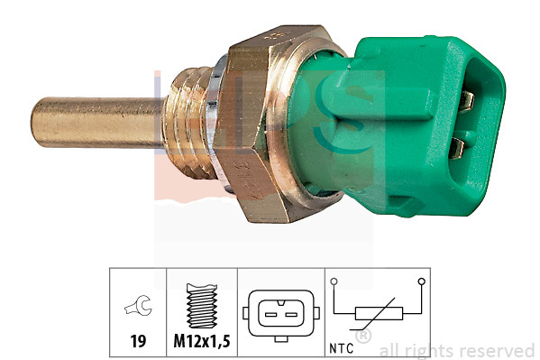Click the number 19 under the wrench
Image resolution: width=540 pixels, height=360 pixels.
tap(138, 342)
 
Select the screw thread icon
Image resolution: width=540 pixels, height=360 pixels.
tap(201, 305)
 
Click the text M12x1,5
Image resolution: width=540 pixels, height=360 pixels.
tap(201, 342)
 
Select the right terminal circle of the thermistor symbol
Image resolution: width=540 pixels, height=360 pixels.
tap(421, 283)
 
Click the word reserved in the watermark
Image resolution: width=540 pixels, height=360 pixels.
tap(498, 350)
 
